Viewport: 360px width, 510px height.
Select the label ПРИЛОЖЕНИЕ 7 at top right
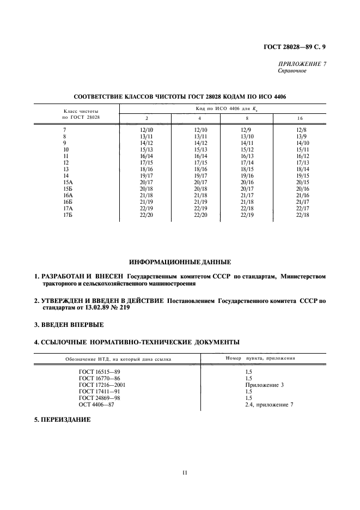(x=302, y=64)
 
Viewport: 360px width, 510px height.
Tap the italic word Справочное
(x=292, y=71)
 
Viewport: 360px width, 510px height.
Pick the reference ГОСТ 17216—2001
(x=102, y=384)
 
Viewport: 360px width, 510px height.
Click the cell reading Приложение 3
(x=265, y=384)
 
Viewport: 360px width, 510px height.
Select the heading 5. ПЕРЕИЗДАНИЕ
(x=62, y=420)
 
